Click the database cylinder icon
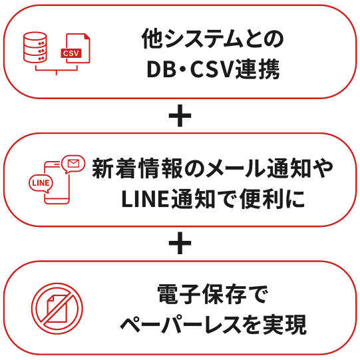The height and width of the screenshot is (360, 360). click(x=35, y=47)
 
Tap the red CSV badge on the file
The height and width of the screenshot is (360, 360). click(x=71, y=53)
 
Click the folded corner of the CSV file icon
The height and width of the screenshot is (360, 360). click(x=87, y=37)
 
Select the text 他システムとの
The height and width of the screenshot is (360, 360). click(x=212, y=39)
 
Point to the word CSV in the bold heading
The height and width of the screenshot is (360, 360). click(x=212, y=69)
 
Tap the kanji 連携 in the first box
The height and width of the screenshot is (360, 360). click(x=258, y=69)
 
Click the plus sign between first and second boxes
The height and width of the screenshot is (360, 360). click(x=180, y=116)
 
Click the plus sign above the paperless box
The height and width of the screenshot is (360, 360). click(x=180, y=243)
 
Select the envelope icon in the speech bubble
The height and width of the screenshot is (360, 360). click(x=73, y=163)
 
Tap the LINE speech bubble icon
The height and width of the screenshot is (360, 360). click(x=41, y=184)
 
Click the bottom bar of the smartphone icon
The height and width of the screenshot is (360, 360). click(x=57, y=201)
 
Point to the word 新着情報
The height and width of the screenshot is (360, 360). click(x=137, y=168)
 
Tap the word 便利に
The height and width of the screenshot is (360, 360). click(x=272, y=199)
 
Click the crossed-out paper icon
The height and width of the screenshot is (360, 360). click(x=57, y=308)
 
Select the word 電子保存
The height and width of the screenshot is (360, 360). click(x=202, y=294)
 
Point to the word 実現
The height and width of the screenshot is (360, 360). click(x=285, y=325)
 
